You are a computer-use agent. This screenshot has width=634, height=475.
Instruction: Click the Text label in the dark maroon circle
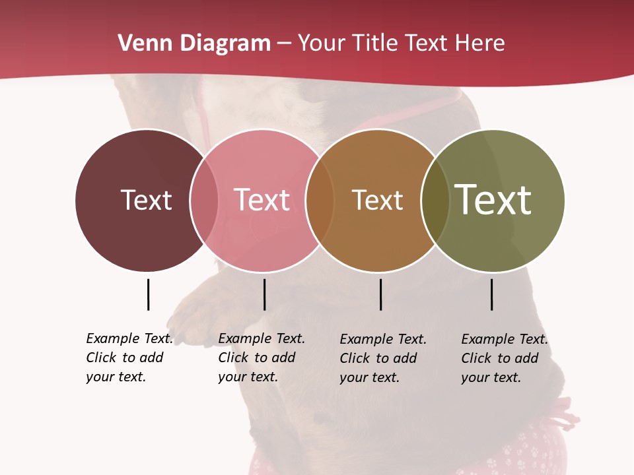click(x=146, y=200)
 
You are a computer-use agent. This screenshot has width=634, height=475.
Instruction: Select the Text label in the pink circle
click(x=262, y=200)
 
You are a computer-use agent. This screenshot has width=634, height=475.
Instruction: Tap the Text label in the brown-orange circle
click(x=377, y=200)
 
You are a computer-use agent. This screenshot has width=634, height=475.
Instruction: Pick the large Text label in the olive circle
click(x=493, y=199)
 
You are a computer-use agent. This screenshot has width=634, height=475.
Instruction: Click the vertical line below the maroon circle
click(x=148, y=294)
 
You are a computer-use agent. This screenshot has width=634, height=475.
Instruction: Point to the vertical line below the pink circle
click(x=264, y=294)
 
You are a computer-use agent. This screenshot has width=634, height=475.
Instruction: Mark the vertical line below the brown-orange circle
click(x=380, y=294)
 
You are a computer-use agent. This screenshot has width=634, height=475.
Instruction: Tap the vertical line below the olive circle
click(x=491, y=294)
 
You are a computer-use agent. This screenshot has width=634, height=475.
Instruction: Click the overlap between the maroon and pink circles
click(x=204, y=200)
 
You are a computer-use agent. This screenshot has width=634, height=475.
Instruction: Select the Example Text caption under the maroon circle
click(x=129, y=358)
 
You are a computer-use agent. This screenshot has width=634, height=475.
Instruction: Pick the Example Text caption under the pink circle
click(x=262, y=358)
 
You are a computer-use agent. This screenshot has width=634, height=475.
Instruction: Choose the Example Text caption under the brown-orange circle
click(x=383, y=358)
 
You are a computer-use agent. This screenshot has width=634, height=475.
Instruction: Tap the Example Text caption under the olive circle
click(x=505, y=358)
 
